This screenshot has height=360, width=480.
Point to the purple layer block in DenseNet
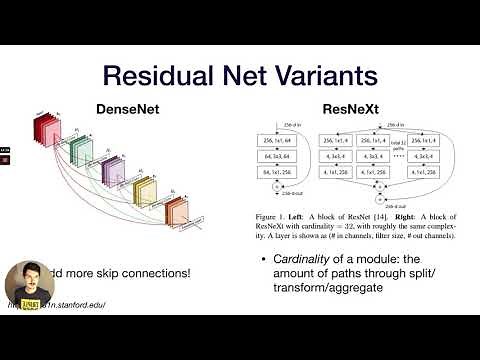[x=113, y=172]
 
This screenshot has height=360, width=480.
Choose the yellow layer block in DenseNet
[x=145, y=191]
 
